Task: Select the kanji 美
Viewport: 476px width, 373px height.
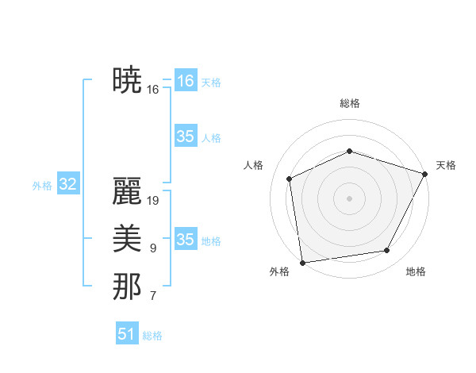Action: [127, 239]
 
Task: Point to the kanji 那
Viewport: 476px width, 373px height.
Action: [127, 286]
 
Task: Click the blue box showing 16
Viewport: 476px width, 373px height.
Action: [186, 81]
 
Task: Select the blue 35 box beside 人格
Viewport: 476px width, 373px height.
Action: [186, 137]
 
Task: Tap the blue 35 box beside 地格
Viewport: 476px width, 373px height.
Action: [186, 240]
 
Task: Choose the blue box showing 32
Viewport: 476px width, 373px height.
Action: [68, 185]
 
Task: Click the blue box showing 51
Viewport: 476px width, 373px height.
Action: [127, 334]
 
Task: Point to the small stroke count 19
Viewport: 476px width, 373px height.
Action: [153, 201]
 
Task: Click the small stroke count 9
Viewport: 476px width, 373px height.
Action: [153, 248]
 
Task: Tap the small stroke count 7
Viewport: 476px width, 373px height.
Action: [153, 296]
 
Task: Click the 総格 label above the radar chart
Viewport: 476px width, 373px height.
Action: [349, 103]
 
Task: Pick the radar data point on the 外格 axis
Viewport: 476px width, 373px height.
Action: [302, 262]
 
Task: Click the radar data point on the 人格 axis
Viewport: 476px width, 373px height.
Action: [290, 179]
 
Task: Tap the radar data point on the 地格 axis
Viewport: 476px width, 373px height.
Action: [387, 251]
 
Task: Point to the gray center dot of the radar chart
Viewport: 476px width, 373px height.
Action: [349, 198]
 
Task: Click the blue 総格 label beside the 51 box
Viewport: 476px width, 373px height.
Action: [152, 336]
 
